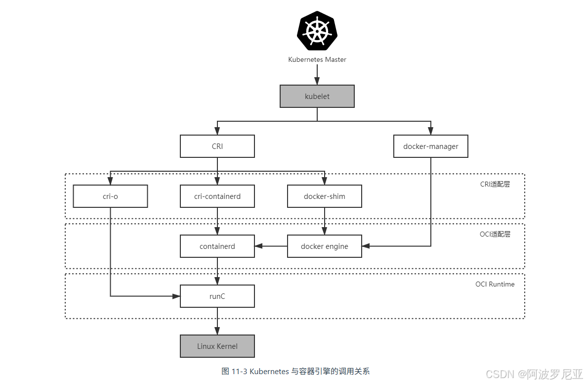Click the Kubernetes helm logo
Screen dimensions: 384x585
point(317,31)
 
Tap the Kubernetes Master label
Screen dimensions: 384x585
point(317,59)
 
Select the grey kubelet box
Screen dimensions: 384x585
point(317,96)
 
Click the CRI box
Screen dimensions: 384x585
point(217,146)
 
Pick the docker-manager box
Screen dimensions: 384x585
point(430,146)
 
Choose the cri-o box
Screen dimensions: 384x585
point(110,196)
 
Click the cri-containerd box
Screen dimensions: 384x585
point(217,196)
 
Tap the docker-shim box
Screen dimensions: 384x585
point(324,196)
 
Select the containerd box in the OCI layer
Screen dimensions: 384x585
point(217,246)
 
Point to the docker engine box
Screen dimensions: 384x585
point(324,246)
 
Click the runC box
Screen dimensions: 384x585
point(217,296)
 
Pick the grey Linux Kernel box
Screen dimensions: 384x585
point(217,346)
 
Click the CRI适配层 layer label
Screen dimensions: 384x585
point(495,184)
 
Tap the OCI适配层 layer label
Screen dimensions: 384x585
point(495,234)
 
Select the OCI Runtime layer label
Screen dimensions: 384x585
point(495,284)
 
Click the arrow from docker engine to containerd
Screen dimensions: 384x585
point(271,246)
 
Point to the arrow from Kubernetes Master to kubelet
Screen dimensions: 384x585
point(317,75)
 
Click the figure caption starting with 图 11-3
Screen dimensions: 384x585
point(295,371)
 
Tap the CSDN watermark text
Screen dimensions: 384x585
point(534,374)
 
